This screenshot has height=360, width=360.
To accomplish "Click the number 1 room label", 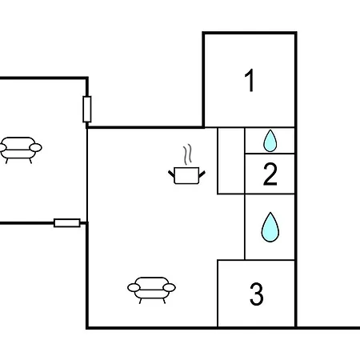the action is (x=250, y=80).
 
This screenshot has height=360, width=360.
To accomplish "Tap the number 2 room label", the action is (x=270, y=174).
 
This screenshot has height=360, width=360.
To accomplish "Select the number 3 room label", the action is (x=257, y=294).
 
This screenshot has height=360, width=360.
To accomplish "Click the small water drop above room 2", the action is (x=270, y=141).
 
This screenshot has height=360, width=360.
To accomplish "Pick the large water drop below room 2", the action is (x=270, y=227).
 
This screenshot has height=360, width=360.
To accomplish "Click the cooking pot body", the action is (x=186, y=175).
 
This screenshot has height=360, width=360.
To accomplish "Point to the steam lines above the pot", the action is (x=187, y=154).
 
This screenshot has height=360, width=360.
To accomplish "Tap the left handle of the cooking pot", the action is (x=171, y=174).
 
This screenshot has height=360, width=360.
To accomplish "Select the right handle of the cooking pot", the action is (x=202, y=174).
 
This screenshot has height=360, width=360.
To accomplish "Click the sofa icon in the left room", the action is (x=20, y=150).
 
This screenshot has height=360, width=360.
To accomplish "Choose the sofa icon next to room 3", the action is (x=151, y=290).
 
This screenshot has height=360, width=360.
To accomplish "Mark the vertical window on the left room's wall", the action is (x=87, y=109).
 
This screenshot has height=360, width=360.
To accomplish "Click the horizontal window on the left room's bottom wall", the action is (x=67, y=223).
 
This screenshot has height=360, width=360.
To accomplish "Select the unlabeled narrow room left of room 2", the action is (x=231, y=161).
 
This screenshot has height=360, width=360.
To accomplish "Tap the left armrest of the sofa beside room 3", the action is (x=134, y=288).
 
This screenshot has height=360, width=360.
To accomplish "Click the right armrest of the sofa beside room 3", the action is (x=170, y=288).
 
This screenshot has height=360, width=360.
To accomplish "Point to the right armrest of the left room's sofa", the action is (x=36, y=147).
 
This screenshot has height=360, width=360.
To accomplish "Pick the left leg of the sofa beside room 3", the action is (x=140, y=301).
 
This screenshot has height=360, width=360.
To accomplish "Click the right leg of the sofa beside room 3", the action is (x=164, y=301).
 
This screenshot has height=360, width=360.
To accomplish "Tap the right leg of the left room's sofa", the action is (x=30, y=161).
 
